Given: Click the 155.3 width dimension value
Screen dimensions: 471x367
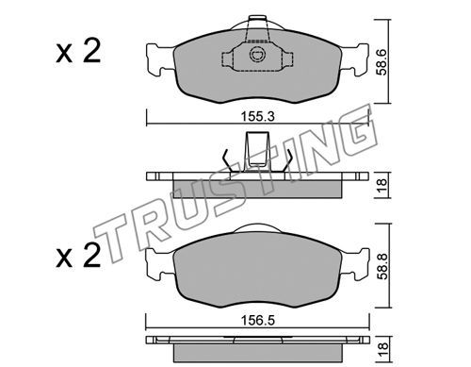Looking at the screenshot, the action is click(257, 116).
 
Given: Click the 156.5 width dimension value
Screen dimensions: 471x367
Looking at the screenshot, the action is click(257, 321).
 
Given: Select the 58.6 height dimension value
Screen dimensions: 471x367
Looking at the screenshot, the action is click(382, 62).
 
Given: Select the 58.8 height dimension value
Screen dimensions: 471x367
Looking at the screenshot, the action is click(382, 266).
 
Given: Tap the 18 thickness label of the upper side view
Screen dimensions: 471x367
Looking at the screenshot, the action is click(382, 186).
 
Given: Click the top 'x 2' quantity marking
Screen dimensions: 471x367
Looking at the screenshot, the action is click(78, 51).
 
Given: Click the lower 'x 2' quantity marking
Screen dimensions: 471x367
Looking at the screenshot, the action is click(78, 256).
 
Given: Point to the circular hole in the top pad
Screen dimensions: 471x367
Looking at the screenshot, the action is click(257, 55).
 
